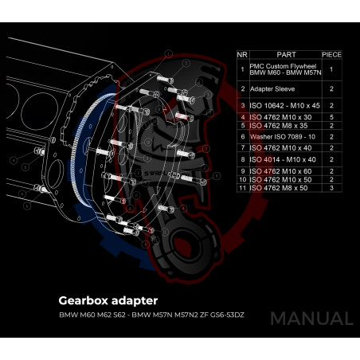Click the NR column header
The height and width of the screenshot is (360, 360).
pyautogui.click(x=242, y=54)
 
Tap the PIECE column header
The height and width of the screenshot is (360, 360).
pyautogui.click(x=331, y=54)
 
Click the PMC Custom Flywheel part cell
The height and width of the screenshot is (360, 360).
pyautogui.click(x=284, y=69)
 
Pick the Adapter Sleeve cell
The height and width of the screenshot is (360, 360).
pyautogui.click(x=275, y=89)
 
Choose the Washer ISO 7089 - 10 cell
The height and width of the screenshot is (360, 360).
pyautogui.click(x=281, y=136)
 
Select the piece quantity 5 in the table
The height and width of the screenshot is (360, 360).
pyautogui.click(x=331, y=117)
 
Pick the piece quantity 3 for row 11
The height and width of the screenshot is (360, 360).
pyautogui.click(x=331, y=188)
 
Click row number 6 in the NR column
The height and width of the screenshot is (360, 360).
pyautogui.click(x=242, y=136)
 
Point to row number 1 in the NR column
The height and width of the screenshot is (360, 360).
pyautogui.click(x=242, y=69)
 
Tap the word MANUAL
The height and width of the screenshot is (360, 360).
pyautogui.click(x=311, y=319)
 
